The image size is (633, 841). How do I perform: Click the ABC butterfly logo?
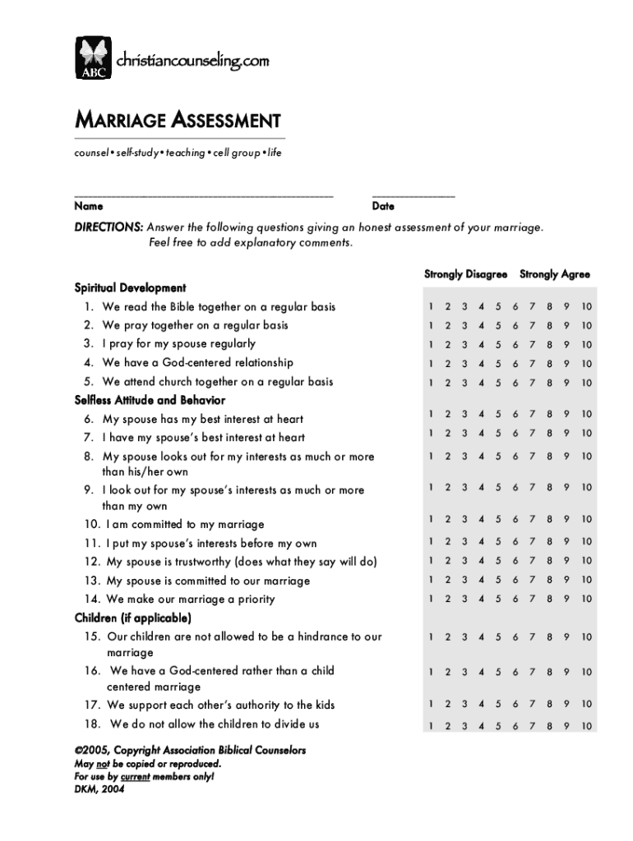(x=93, y=58)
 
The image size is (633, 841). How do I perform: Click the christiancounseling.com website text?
(x=192, y=61)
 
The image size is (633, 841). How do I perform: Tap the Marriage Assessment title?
(x=178, y=121)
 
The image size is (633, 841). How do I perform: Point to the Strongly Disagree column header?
(x=465, y=274)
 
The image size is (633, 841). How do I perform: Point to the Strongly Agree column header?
(x=554, y=274)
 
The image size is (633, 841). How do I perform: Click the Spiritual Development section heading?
(x=130, y=288)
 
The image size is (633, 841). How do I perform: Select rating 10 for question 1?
(x=585, y=307)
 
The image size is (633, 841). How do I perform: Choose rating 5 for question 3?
(x=498, y=345)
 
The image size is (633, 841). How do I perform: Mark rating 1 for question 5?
(x=430, y=383)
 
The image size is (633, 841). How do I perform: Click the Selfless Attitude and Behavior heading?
(x=150, y=400)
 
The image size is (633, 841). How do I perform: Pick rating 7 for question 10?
(x=532, y=519)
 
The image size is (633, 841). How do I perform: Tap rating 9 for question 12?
(x=566, y=561)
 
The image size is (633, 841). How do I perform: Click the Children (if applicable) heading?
(x=132, y=618)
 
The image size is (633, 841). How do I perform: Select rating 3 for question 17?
(x=464, y=705)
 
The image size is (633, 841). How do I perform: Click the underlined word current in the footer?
(x=135, y=775)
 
